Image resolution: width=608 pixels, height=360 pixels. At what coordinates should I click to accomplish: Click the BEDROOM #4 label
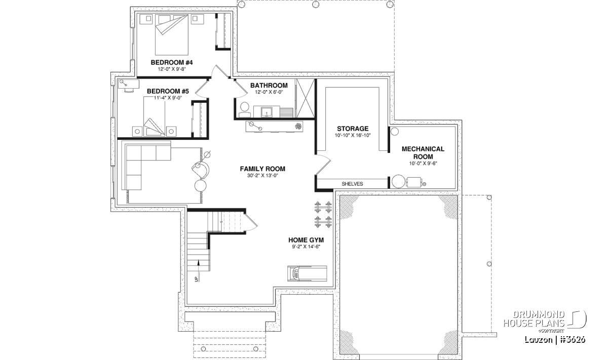[x=172, y=63]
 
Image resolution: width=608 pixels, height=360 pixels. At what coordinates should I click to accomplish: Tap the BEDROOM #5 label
[x=168, y=91]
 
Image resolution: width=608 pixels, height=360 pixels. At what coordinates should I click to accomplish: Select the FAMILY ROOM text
[x=262, y=169]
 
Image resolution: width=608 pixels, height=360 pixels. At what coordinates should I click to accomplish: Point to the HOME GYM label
[x=306, y=240]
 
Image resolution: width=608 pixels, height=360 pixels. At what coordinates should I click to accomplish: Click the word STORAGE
[x=353, y=129]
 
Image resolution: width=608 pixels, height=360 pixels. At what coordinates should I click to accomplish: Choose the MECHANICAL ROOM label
[x=423, y=153]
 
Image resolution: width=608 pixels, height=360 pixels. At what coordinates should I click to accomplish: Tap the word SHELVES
[x=352, y=184]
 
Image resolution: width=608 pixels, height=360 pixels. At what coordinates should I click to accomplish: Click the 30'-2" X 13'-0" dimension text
[x=262, y=176]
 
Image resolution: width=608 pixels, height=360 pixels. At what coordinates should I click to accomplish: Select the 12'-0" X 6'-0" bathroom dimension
[x=269, y=92]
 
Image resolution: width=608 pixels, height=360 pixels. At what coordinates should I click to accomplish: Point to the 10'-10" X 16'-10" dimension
[x=353, y=135]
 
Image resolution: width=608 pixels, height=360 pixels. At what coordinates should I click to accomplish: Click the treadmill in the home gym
[x=307, y=273]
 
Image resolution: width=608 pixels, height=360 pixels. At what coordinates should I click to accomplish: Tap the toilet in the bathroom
[x=244, y=110]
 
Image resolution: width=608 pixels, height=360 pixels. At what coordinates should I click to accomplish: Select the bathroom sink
[x=267, y=112]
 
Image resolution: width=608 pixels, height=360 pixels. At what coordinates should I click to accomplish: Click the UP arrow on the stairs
[x=199, y=270]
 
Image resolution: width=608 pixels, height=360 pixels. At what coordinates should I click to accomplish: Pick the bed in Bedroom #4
[x=172, y=35]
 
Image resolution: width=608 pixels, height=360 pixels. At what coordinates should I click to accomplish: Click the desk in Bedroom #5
[x=129, y=84]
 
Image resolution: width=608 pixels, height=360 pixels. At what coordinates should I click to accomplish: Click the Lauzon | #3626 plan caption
[x=555, y=340]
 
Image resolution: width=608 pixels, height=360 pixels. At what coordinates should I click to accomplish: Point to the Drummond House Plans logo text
[x=534, y=319]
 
